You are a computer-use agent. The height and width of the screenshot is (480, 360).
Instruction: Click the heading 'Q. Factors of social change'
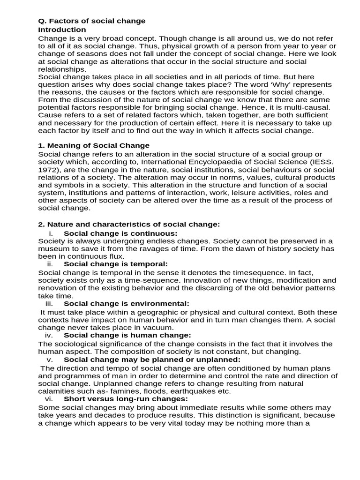(x=91, y=21)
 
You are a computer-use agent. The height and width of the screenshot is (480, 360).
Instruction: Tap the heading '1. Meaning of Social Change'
(x=94, y=145)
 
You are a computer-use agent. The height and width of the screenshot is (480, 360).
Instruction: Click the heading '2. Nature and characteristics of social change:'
(x=129, y=225)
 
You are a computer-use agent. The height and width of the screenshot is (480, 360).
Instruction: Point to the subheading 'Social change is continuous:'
(x=120, y=233)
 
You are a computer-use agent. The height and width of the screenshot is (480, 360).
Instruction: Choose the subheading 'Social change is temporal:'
(x=115, y=264)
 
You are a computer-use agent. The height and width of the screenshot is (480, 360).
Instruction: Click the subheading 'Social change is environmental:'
(x=127, y=303)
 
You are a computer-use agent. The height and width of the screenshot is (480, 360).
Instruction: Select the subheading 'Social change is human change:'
(x=121, y=335)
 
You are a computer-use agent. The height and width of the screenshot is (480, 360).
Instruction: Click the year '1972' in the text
(x=48, y=169)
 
